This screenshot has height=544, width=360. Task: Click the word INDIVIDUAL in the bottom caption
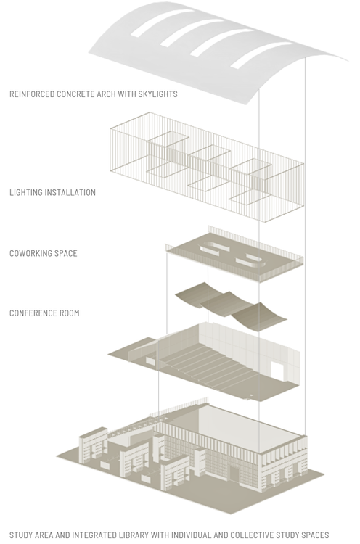pos(191,535)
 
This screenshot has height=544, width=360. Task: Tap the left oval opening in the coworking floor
pos(214,248)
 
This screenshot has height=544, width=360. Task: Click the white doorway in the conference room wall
pos(277,371)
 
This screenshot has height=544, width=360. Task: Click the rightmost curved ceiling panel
pos(259,316)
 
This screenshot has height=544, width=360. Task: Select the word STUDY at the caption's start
pos(20,535)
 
